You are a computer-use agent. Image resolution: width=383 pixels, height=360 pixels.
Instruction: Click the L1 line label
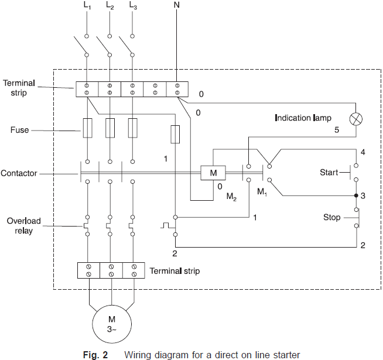[x=87, y=6]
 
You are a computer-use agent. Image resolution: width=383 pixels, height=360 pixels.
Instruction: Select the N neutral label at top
[x=177, y=5]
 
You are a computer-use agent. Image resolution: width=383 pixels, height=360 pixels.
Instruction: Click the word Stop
[x=331, y=217]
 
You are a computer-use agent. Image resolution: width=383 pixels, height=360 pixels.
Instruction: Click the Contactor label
[x=19, y=173]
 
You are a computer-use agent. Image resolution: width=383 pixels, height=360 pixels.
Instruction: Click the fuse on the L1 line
[x=87, y=128]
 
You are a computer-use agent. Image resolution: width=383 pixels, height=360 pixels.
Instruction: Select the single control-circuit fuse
[x=175, y=134]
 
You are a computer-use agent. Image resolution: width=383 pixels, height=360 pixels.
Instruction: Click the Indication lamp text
[x=303, y=118]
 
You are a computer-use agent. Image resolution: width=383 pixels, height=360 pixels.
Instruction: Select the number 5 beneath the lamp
[x=337, y=131]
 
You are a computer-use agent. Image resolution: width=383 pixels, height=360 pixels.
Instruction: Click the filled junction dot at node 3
[x=355, y=196]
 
